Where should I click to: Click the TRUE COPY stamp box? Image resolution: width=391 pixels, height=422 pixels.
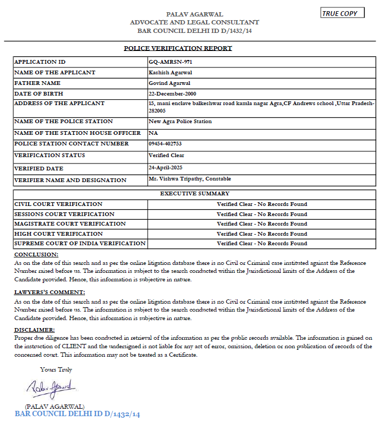point(343,13)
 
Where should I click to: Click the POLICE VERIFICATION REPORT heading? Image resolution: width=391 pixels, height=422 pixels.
point(178,48)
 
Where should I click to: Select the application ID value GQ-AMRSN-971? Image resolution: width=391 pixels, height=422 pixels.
point(167,62)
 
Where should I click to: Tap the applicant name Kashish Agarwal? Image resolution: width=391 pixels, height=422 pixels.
point(170,72)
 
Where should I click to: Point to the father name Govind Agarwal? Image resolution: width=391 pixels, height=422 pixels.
point(170,83)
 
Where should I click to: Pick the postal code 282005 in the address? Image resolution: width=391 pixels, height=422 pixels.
point(157,111)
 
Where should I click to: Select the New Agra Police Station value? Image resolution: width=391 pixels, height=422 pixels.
point(181,122)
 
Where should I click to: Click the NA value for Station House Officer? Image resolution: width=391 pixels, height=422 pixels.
point(154,133)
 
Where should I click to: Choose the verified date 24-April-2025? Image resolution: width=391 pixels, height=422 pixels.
point(169,167)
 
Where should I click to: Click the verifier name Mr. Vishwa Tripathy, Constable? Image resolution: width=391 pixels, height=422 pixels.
point(190,179)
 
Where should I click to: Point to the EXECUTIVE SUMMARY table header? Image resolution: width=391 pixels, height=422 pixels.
point(194,194)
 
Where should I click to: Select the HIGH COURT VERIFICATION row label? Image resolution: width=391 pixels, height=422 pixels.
point(51,234)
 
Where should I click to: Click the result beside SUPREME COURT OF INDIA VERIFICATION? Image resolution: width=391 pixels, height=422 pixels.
point(261,244)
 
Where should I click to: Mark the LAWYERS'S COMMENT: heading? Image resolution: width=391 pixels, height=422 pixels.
point(49,292)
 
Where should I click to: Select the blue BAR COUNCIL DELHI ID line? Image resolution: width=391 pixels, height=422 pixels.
point(78,414)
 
